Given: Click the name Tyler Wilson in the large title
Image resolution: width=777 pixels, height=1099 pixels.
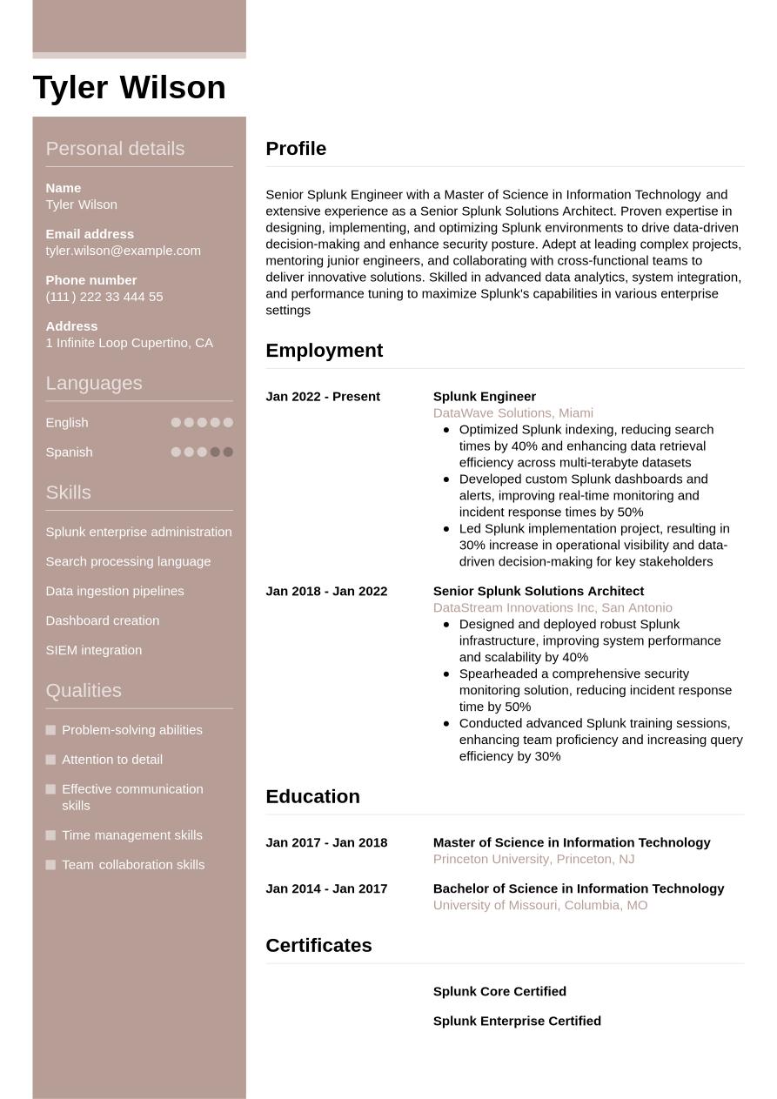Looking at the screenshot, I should tap(129, 88).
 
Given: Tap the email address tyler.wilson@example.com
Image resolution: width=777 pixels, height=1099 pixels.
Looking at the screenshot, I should tap(123, 251).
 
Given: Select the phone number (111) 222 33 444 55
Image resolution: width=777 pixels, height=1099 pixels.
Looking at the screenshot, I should tap(104, 297).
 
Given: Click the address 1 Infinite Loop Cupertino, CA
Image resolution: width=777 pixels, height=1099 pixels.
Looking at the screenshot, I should tap(129, 343).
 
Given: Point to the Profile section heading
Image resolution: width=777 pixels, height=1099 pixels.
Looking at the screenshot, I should tap(296, 149).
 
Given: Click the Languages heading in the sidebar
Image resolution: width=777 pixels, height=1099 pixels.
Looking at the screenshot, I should tap(93, 383).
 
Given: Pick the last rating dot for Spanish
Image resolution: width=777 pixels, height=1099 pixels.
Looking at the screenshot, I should tap(228, 452).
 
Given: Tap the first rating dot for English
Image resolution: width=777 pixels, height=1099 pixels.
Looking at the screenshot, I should tap(176, 423).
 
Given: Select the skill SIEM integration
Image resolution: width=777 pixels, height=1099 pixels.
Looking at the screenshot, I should tap(93, 650).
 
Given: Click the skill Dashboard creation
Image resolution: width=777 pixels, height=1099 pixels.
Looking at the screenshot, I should tap(102, 620).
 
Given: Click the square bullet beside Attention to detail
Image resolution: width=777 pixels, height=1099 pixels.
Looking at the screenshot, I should tap(50, 760).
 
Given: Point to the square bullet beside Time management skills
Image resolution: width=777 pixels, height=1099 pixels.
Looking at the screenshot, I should tap(50, 835).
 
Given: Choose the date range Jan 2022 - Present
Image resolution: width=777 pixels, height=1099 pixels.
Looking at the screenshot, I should tap(323, 397).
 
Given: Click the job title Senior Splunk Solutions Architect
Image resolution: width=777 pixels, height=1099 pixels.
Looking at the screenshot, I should tap(538, 591).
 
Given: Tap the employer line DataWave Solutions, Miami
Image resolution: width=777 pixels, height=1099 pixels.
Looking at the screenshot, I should tap(512, 413).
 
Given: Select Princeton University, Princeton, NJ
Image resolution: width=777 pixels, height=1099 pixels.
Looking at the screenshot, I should tap(533, 860).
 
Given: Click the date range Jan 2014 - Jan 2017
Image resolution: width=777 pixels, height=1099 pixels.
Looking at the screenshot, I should tap(326, 888).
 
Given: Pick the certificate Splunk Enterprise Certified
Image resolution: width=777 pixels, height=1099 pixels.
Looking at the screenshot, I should tap(517, 1021).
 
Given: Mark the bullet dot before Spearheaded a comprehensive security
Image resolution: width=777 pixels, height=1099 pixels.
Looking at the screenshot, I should tap(446, 673).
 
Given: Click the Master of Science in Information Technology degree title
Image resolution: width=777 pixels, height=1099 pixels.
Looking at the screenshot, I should tap(572, 842).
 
